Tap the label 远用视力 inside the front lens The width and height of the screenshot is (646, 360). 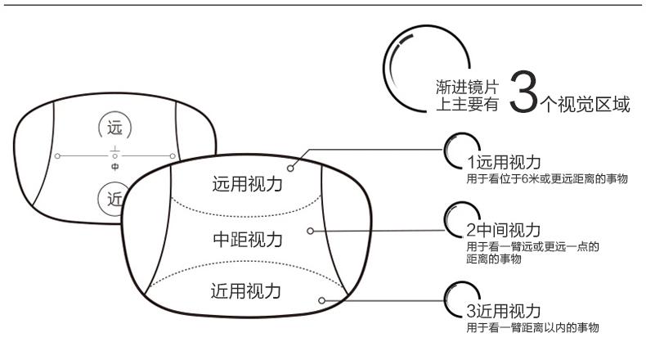click(248, 184)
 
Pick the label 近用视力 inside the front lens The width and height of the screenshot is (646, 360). click(248, 290)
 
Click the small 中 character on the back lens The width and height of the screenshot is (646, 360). click(114, 166)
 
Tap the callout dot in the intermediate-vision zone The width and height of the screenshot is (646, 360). click(310, 231)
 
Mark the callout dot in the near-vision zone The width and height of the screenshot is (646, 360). click(323, 300)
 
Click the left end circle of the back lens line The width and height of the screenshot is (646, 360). click(56, 155)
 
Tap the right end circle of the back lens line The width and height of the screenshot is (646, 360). click(173, 155)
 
